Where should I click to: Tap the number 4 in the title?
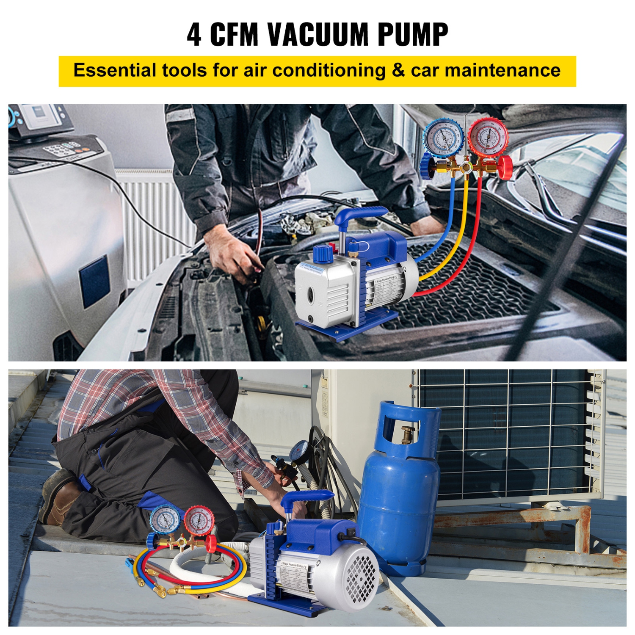coord(194,35)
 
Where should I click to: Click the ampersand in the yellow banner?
coord(398,70)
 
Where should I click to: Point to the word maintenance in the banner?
coord(502,70)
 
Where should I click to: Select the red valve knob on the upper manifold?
coord(504,167)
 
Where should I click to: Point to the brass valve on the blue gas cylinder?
coord(408,434)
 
